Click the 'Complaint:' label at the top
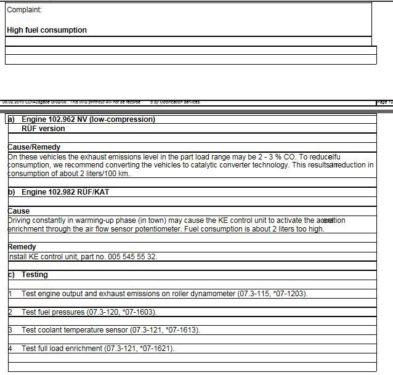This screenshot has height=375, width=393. [x=25, y=10]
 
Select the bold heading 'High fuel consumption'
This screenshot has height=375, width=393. [x=47, y=30]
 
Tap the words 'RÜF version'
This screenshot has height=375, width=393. [x=43, y=129]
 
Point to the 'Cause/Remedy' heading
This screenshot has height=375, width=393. [x=34, y=148]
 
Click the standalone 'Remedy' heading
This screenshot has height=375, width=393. [x=22, y=247]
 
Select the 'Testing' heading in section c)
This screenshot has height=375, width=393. [x=34, y=275]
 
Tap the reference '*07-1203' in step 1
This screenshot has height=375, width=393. [x=290, y=293]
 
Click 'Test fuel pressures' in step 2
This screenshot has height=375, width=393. [x=53, y=312]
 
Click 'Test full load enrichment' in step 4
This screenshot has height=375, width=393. [x=62, y=349]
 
